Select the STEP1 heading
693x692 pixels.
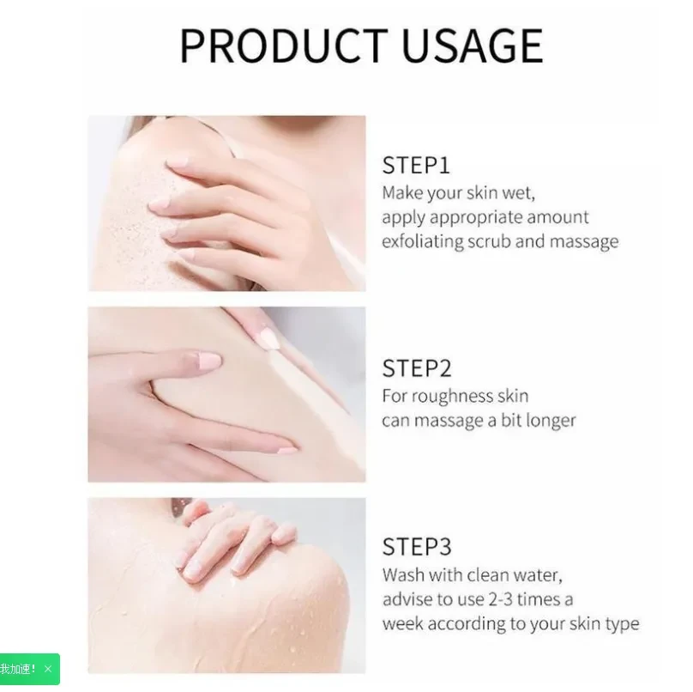point(416,165)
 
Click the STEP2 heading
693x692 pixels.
point(417,368)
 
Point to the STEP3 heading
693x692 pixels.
point(417,546)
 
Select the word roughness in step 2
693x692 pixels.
point(454,396)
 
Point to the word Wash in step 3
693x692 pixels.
point(403,574)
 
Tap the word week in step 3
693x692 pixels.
point(401,623)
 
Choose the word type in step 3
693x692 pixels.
point(622,624)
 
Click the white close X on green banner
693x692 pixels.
point(48,669)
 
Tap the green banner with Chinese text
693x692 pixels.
point(19,669)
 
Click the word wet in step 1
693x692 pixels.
point(519,192)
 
